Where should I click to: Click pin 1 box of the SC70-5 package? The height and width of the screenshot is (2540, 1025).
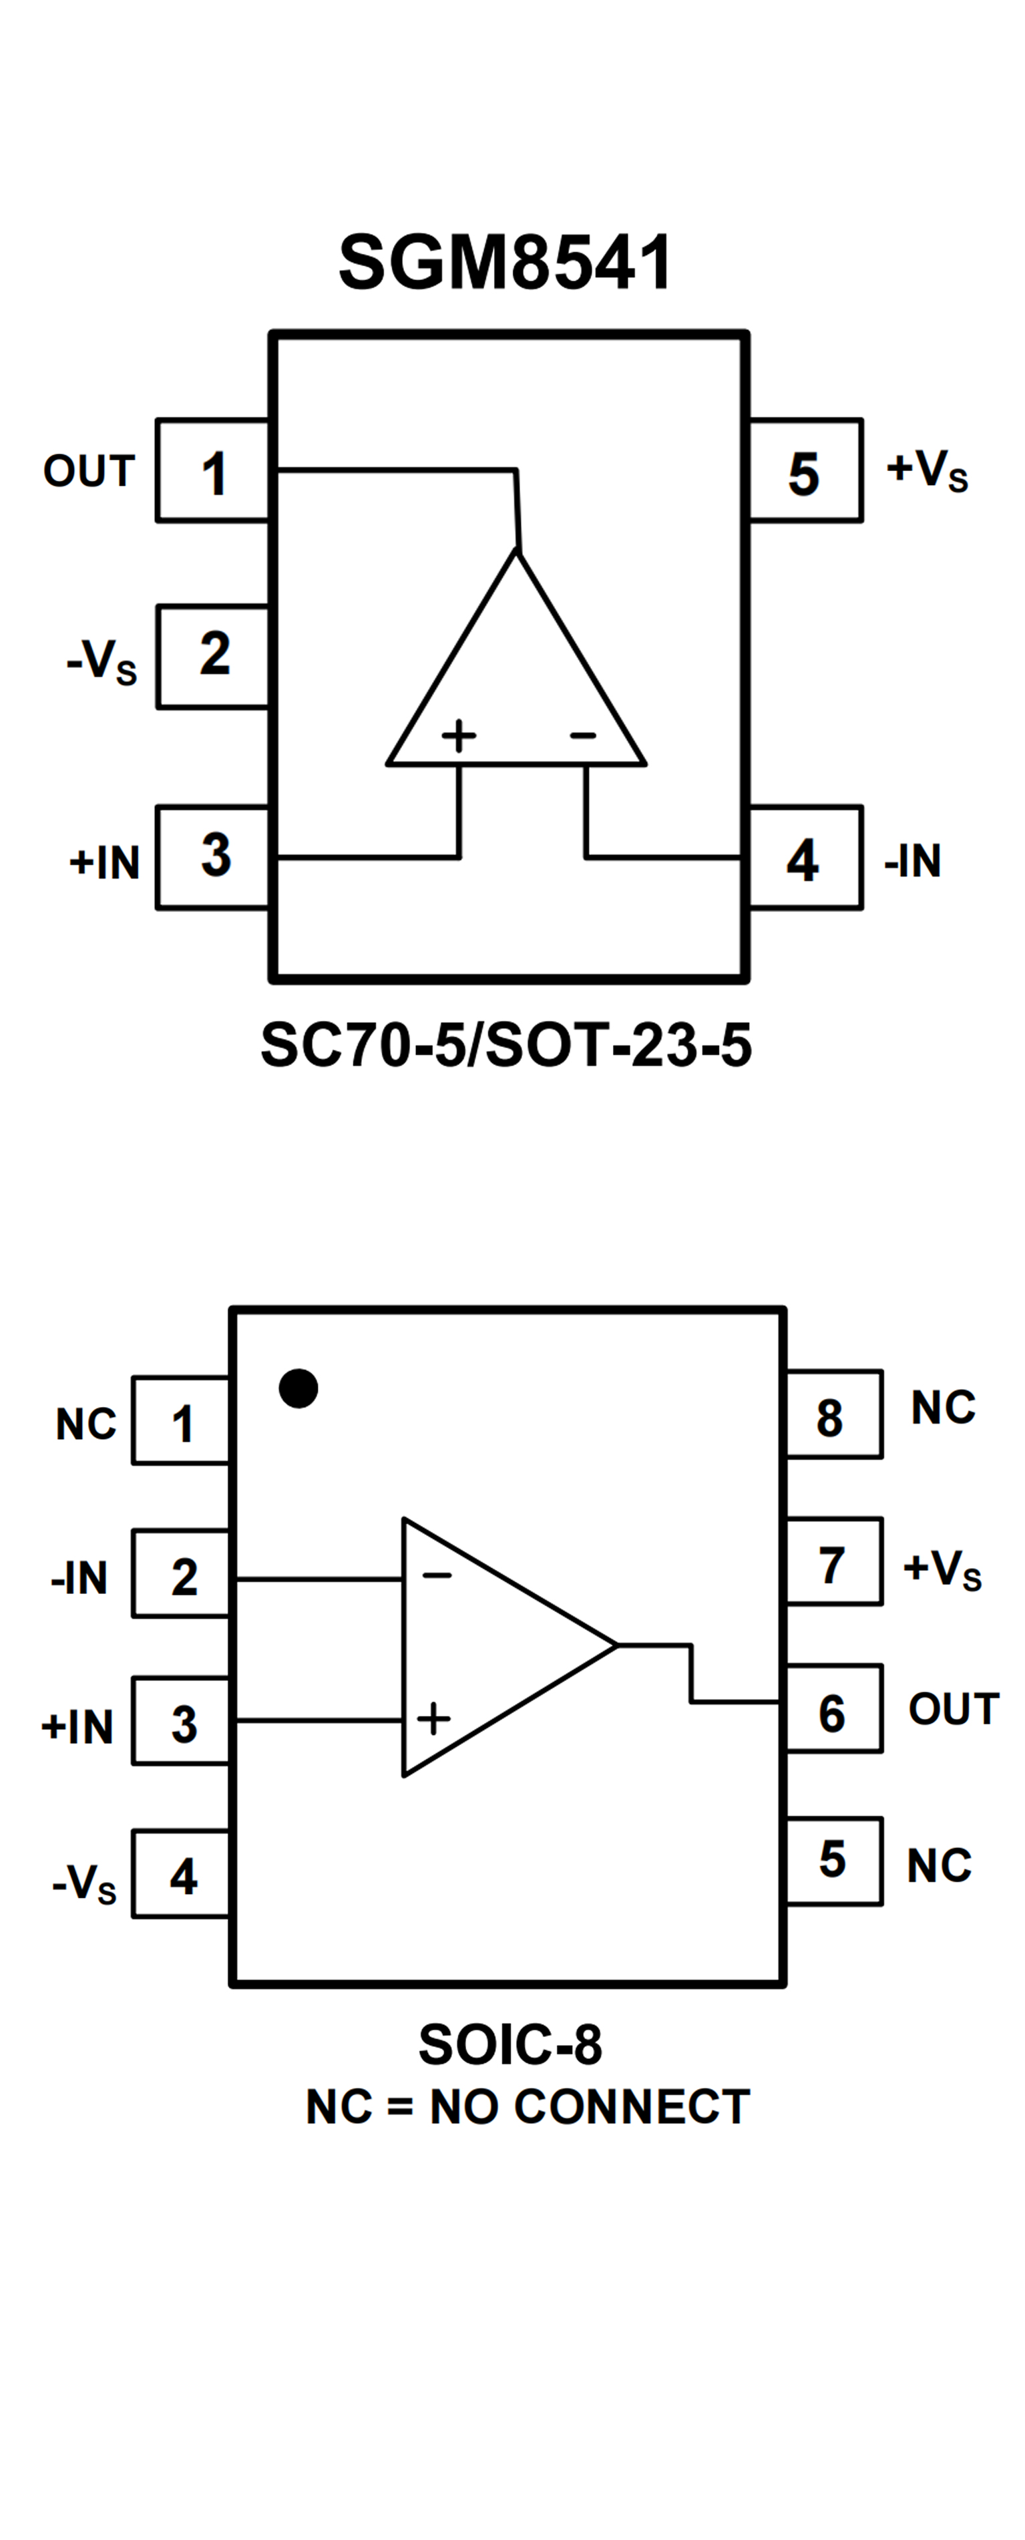click(x=213, y=471)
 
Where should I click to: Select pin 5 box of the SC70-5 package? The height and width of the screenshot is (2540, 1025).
click(x=805, y=471)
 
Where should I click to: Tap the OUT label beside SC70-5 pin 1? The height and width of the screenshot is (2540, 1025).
click(x=89, y=471)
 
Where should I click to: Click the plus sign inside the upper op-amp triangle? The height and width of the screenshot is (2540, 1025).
click(x=458, y=736)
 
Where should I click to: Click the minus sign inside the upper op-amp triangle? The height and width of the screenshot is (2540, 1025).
click(x=584, y=736)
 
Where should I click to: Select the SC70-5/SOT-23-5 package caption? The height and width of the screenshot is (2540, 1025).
click(x=505, y=1045)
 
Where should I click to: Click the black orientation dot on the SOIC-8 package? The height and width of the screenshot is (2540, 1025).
click(x=298, y=1388)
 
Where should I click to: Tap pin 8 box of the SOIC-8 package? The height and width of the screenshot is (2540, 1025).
click(x=833, y=1415)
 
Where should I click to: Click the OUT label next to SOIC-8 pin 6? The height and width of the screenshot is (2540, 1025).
click(x=953, y=1709)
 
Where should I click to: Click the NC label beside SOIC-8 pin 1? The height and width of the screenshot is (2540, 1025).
click(x=85, y=1424)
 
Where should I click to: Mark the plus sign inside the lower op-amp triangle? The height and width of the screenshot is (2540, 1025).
click(x=433, y=1719)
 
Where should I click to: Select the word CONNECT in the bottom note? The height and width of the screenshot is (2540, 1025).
click(x=632, y=2107)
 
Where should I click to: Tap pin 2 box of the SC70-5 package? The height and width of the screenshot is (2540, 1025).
click(x=213, y=655)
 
